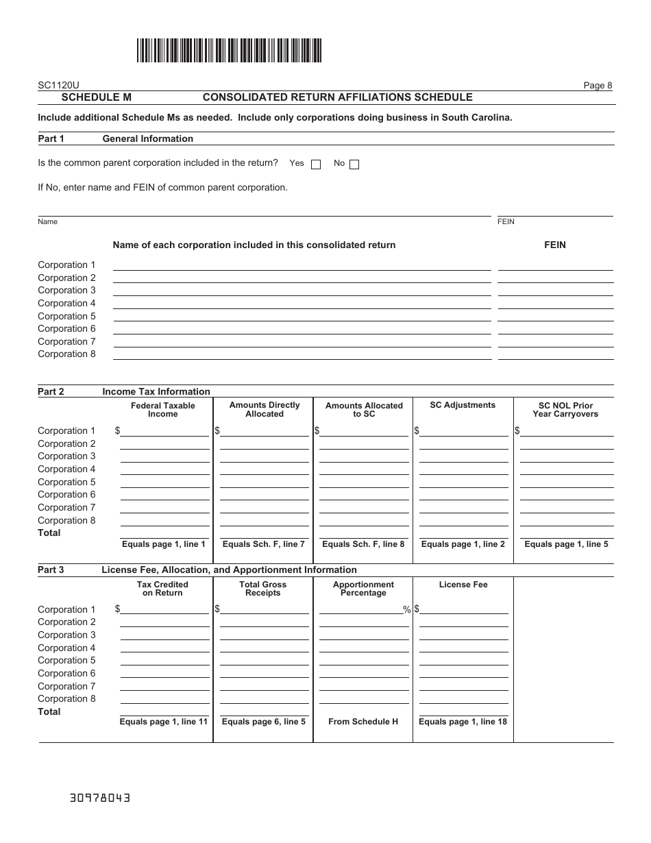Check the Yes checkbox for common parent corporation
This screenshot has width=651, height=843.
pos(316,164)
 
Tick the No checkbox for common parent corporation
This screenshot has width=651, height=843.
pos(354,164)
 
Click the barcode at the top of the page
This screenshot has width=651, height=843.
pos(229,51)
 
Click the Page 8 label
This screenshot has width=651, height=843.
pos(598,86)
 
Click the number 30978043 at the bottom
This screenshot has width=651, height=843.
pos(100,798)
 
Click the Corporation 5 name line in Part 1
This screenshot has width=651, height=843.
pos(302,316)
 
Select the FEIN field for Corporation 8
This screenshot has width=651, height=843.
pos(555,354)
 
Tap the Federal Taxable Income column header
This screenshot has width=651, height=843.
pos(163,410)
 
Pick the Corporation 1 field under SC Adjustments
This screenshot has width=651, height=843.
pos(464,431)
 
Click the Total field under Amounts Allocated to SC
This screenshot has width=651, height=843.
pos(364,533)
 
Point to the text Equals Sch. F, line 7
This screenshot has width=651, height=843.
pos(264,544)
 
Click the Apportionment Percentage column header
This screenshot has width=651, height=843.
pos(363,589)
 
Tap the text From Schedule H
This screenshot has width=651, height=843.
pos(363,722)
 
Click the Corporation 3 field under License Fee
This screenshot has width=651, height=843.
pos(464,635)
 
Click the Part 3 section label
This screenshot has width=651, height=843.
pos(51,570)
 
